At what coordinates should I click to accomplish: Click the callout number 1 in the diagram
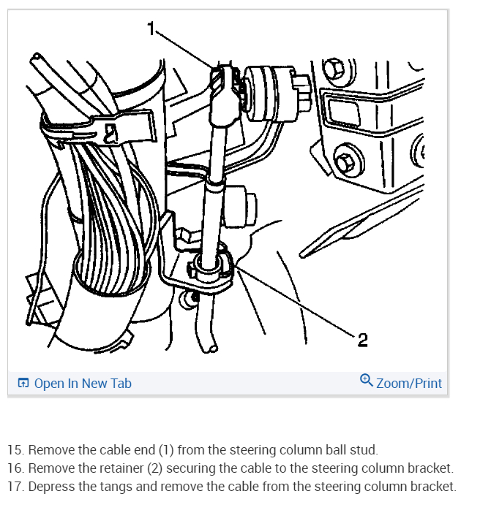151,28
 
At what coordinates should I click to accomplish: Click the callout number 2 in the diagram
362,340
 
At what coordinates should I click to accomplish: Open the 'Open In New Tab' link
83,383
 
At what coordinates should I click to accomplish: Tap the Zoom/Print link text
409,383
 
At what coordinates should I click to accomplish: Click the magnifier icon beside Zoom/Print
367,381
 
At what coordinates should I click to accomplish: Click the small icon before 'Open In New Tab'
23,383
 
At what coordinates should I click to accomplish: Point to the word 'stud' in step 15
365,449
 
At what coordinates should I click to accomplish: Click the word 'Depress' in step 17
50,486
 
